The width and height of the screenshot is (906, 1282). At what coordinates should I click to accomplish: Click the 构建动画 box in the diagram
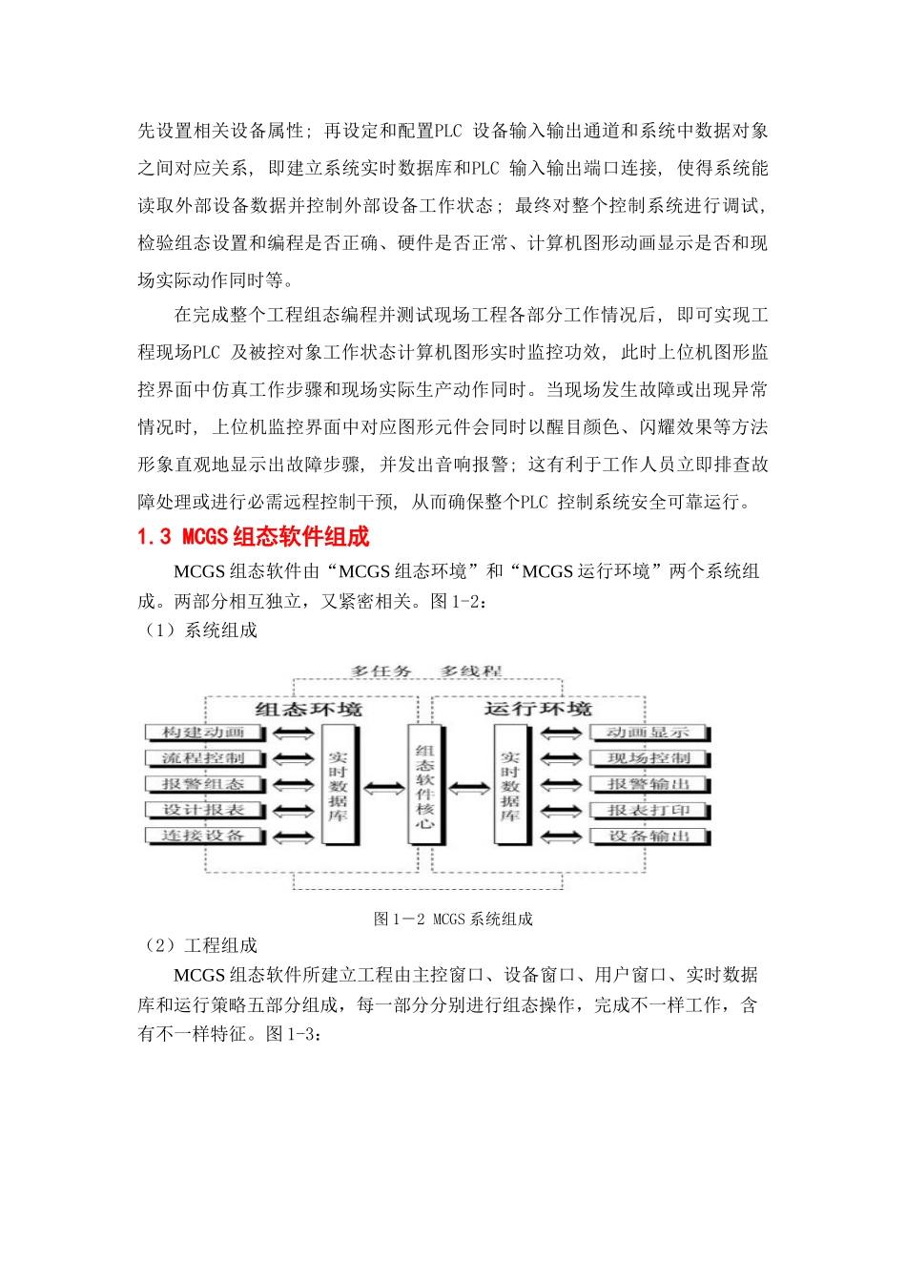point(204,733)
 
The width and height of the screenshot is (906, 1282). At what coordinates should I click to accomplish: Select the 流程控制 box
point(204,758)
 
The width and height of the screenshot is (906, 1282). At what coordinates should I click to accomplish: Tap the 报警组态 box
point(204,784)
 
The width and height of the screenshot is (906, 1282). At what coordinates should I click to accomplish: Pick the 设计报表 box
point(204,810)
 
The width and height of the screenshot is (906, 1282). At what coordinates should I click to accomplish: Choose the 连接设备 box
point(204,836)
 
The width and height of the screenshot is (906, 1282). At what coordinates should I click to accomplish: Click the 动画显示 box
point(649,733)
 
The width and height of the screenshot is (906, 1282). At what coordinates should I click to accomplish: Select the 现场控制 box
point(649,758)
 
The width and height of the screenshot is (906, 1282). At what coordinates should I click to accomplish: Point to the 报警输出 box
point(649,784)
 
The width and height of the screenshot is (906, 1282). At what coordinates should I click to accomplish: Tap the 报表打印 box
point(649,810)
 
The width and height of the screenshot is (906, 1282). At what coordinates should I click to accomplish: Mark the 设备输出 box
point(649,836)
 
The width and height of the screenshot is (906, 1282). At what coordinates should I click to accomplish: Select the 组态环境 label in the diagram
point(308,710)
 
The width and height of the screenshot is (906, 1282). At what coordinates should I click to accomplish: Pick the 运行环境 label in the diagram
point(538,709)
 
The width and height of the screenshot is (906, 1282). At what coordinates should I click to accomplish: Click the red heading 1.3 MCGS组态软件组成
point(254,537)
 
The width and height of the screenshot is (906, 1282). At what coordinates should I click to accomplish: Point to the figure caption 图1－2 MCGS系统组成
point(453,919)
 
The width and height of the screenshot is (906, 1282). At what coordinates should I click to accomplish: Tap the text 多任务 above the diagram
point(381,672)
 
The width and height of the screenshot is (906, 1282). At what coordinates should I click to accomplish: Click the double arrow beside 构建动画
point(293,734)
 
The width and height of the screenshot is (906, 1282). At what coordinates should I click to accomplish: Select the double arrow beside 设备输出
point(561,837)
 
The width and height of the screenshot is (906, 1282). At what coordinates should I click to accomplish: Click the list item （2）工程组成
point(199,945)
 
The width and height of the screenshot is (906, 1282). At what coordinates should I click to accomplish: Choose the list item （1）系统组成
point(199,630)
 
